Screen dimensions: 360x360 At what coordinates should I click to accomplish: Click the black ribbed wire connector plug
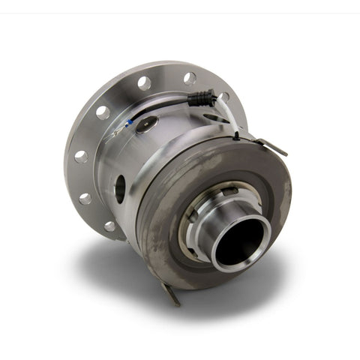(201, 97)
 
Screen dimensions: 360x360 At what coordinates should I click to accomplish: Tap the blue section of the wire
(131, 122)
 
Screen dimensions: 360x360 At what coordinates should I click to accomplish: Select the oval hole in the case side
(119, 188)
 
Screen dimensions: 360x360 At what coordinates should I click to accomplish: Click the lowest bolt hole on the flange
(110, 226)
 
